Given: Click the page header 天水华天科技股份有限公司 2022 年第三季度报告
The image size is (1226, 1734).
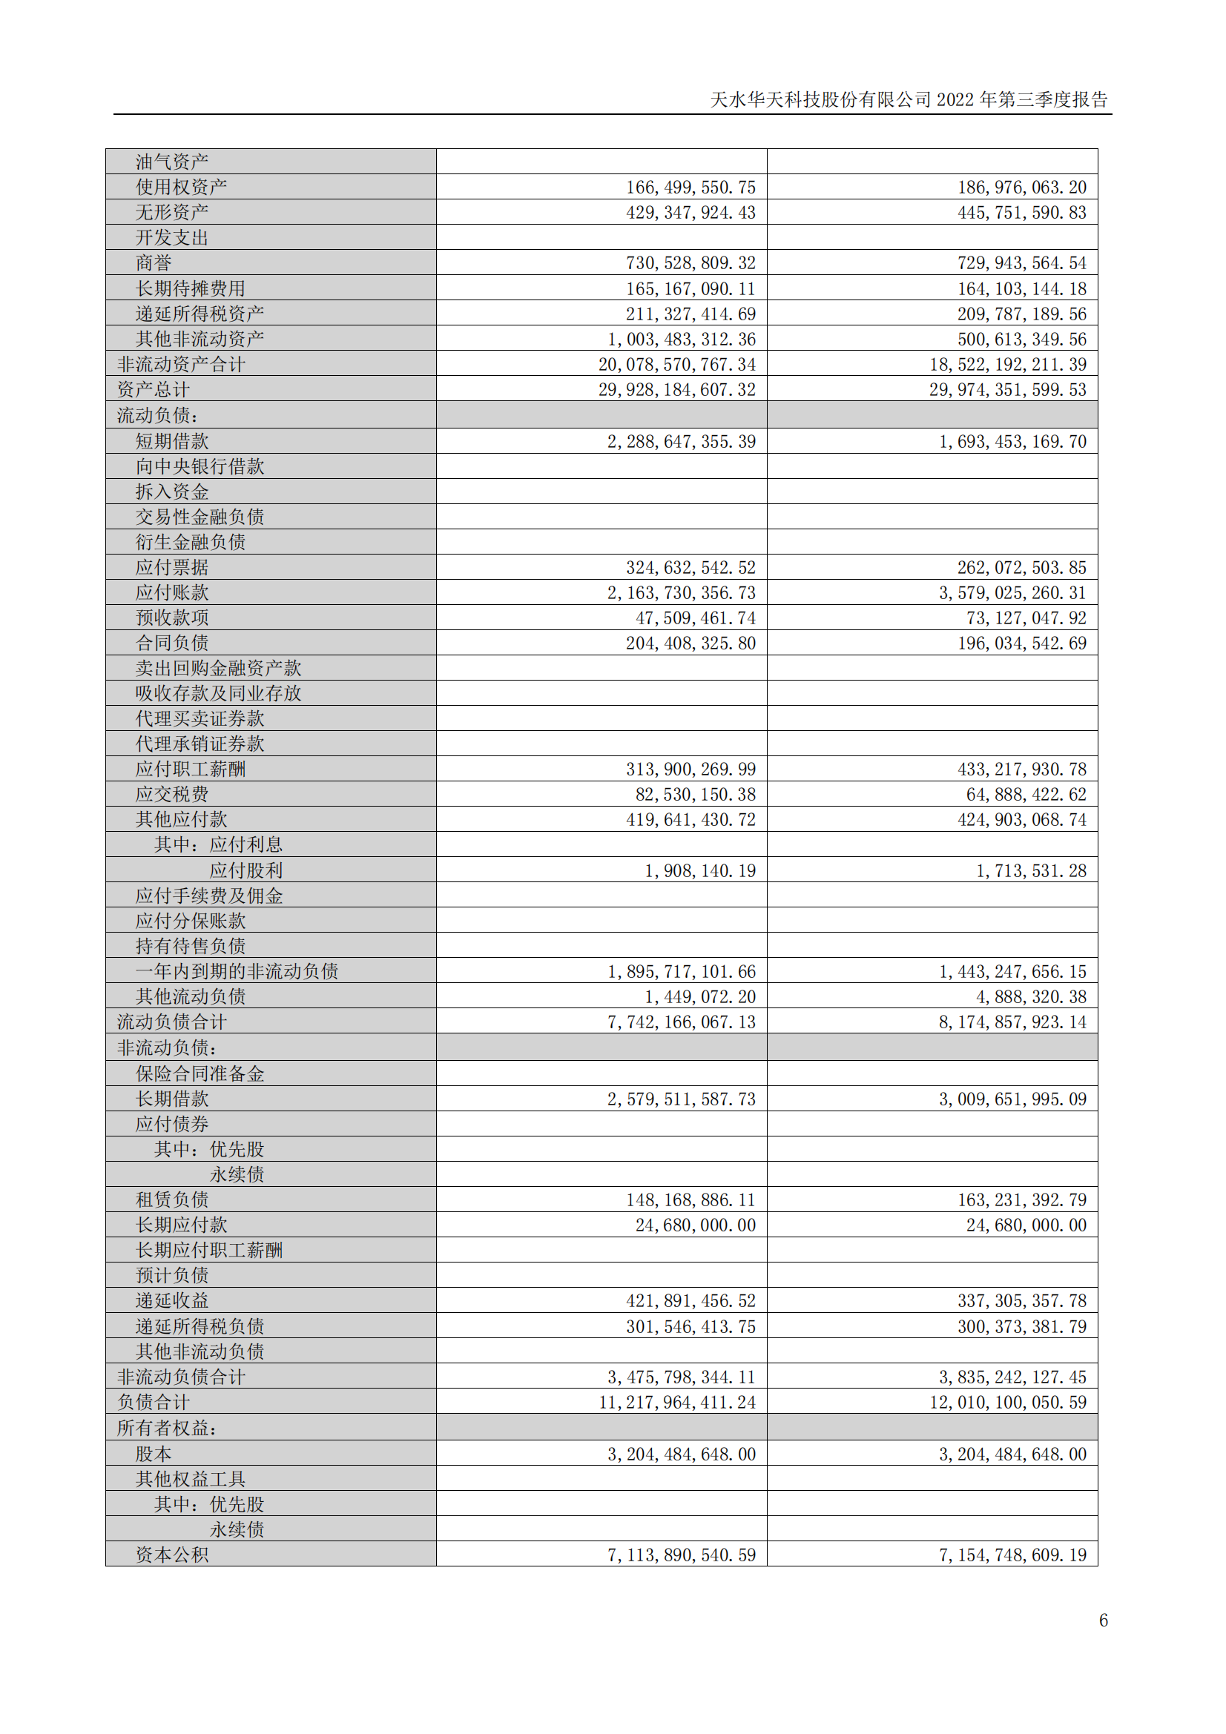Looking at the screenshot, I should pyautogui.click(x=909, y=99).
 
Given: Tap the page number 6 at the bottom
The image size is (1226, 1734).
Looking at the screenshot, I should pyautogui.click(x=1104, y=1621).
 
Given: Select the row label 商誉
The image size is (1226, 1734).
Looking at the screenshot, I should pyautogui.click(x=154, y=263).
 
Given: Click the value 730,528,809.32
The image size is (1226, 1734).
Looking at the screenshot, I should pyautogui.click(x=691, y=263).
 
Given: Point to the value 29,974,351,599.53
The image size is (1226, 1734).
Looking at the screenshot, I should pyautogui.click(x=1008, y=390).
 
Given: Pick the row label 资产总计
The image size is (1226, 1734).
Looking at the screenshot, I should pyautogui.click(x=154, y=390).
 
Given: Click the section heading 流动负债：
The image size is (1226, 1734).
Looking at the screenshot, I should pyautogui.click(x=158, y=415).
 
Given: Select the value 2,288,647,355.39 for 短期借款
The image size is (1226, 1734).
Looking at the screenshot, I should pyautogui.click(x=682, y=441).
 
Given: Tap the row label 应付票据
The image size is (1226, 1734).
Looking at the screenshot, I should pyautogui.click(x=172, y=567).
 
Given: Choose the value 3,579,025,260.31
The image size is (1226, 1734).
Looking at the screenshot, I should pyautogui.click(x=1012, y=593).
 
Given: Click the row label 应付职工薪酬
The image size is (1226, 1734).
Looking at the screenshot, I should pyautogui.click(x=191, y=769).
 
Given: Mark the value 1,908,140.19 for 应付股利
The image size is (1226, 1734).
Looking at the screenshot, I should pyautogui.click(x=699, y=871).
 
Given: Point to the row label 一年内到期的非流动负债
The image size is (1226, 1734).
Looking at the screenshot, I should pyautogui.click(x=237, y=971).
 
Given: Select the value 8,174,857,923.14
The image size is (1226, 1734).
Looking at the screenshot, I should pyautogui.click(x=1012, y=1022).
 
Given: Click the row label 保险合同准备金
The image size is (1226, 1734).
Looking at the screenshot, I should pyautogui.click(x=200, y=1074).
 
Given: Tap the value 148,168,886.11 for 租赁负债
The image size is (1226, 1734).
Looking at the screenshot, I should pyautogui.click(x=691, y=1200).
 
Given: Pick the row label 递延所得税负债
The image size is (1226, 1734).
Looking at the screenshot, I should pyautogui.click(x=200, y=1326).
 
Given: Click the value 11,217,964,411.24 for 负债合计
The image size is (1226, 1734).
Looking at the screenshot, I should pyautogui.click(x=677, y=1403).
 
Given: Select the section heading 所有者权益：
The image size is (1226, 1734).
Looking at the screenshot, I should pyautogui.click(x=167, y=1428).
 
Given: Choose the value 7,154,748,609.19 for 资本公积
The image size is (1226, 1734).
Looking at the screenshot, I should pyautogui.click(x=1012, y=1555).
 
